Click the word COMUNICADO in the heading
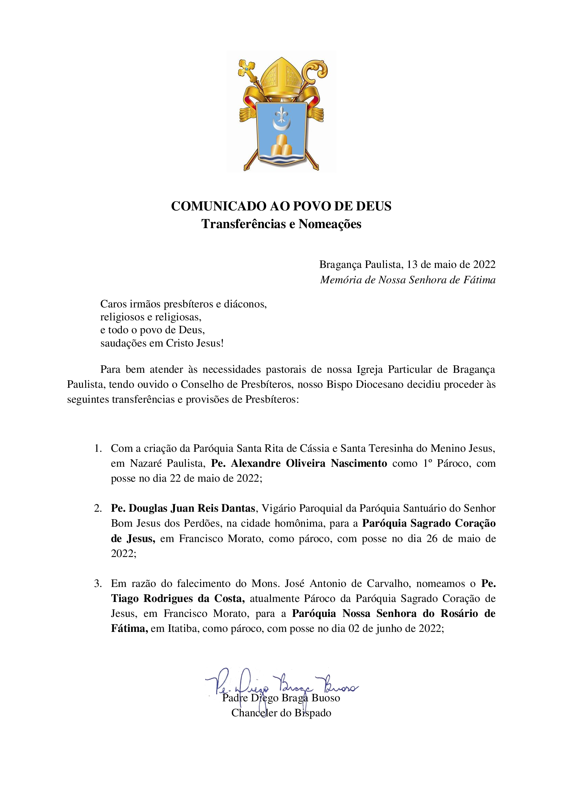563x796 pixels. (219, 206)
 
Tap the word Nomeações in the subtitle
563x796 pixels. (330, 224)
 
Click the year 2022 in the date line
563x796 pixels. (484, 265)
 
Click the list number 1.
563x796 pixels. (98, 448)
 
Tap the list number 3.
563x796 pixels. (98, 584)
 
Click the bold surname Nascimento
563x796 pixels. (359, 463)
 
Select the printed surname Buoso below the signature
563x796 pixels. (325, 698)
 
